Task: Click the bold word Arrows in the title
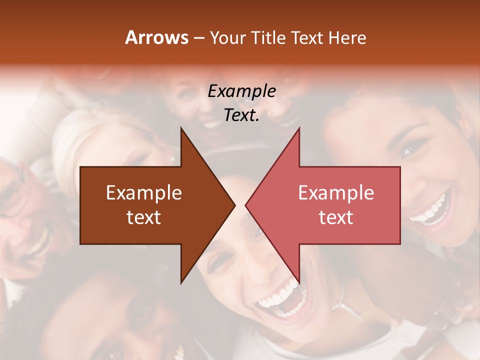(156, 37)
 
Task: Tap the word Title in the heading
(268, 37)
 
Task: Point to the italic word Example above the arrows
(241, 91)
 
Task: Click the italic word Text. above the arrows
(241, 115)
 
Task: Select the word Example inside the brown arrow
(144, 193)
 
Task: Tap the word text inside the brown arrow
(144, 217)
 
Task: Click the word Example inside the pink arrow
(336, 193)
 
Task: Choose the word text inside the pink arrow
(336, 217)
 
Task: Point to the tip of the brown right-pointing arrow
(234, 205)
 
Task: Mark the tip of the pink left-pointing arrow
(246, 205)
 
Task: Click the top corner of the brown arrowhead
(181, 128)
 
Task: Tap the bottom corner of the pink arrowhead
(299, 282)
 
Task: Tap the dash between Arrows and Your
(198, 38)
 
